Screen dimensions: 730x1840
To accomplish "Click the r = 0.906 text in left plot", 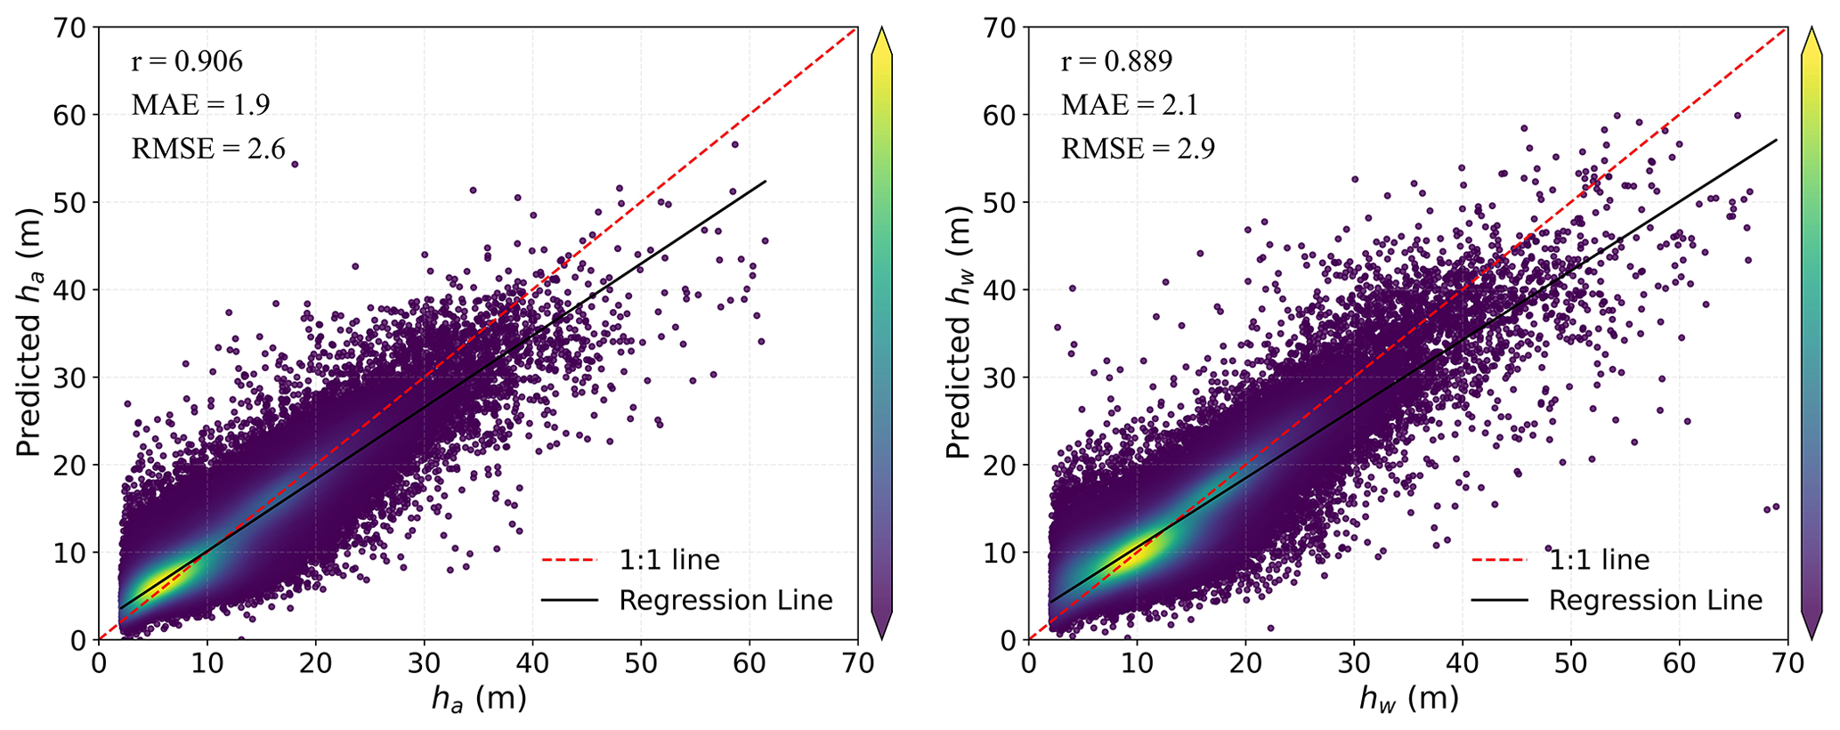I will pyautogui.click(x=187, y=61).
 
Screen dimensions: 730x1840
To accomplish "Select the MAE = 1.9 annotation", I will pyautogui.click(x=200, y=105).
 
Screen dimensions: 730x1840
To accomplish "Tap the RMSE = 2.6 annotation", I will pyautogui.click(x=208, y=149).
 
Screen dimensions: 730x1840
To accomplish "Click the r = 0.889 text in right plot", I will pyautogui.click(x=1116, y=61).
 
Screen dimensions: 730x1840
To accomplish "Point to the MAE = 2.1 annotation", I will pyautogui.click(x=1130, y=105).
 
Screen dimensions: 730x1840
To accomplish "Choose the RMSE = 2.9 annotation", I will pyautogui.click(x=1138, y=149).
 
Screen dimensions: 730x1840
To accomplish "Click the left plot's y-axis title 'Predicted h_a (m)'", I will pyautogui.click(x=29, y=333).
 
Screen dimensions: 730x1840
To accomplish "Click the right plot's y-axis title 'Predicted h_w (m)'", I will pyautogui.click(x=959, y=333).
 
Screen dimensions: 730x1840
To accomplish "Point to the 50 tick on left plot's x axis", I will pyautogui.click(x=641, y=663).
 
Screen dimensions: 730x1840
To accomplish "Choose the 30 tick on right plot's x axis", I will pyautogui.click(x=1354, y=663).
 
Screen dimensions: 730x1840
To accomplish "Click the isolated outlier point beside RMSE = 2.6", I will pyautogui.click(x=295, y=165).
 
